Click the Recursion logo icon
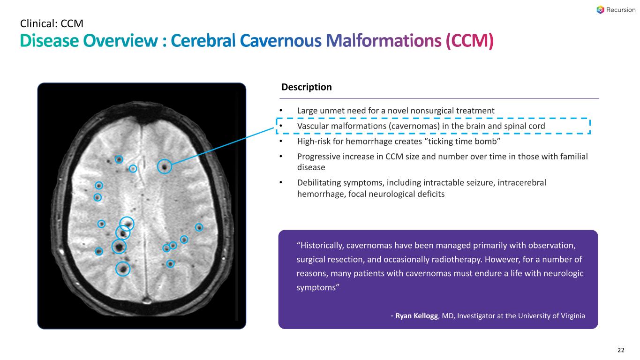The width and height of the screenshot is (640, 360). pos(601,10)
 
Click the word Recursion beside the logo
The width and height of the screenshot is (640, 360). pos(618,10)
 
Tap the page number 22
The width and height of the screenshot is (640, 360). pos(621,350)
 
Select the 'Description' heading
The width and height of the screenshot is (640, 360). pos(307,87)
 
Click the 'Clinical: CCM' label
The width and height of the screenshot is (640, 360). pos(52,22)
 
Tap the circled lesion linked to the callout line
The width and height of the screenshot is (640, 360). pos(164,166)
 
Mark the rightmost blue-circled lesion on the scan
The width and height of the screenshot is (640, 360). pos(199,227)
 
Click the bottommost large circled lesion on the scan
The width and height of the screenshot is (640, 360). pos(123,268)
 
